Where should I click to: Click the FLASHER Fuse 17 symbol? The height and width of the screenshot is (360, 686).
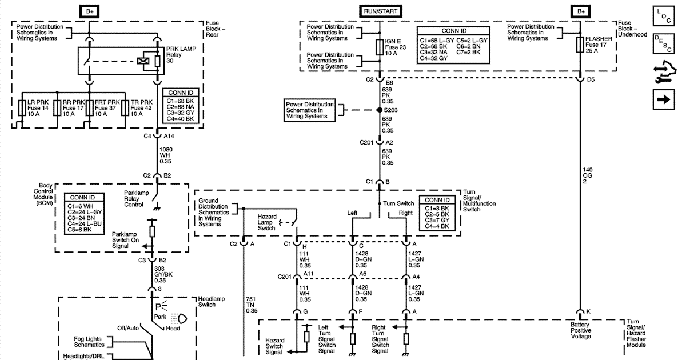[580, 47]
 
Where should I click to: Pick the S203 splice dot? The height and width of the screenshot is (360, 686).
[379, 110]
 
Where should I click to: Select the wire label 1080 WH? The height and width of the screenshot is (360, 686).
[166, 154]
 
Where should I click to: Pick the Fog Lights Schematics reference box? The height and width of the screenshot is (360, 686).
[89, 342]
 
